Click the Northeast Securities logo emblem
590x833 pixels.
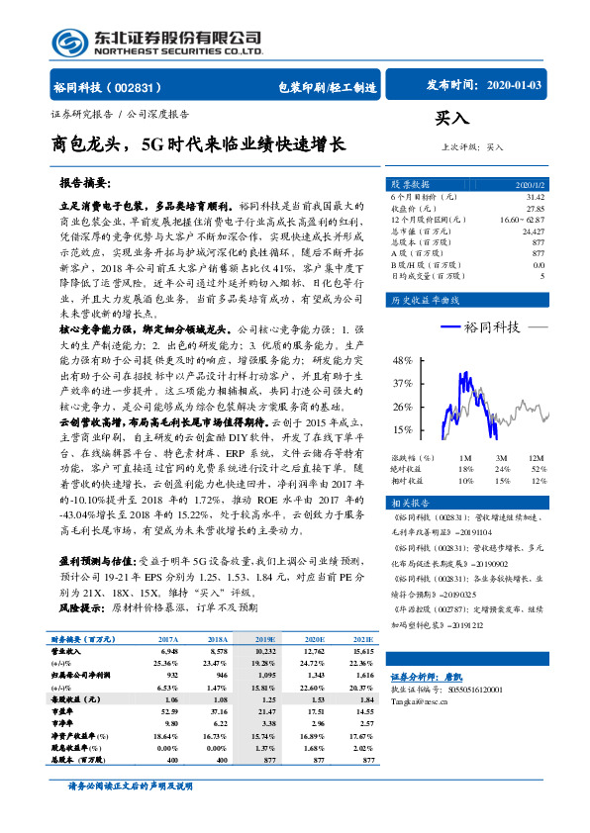pos(69,41)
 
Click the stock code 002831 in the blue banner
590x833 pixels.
pos(138,87)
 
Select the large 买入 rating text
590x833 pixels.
pos(451,119)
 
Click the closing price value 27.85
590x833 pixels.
pos(536,209)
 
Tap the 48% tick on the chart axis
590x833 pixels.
pos(402,359)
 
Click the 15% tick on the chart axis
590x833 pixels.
pos(402,430)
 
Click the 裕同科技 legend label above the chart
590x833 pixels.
pos(487,327)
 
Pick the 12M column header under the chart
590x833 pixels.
pos(539,458)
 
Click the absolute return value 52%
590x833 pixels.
pos(539,469)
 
